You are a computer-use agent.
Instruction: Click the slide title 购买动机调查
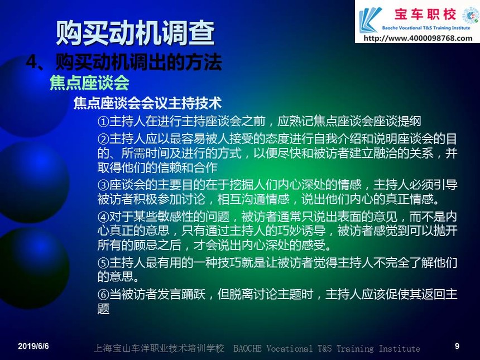click(135, 33)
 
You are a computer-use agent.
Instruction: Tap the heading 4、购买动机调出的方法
click(124, 62)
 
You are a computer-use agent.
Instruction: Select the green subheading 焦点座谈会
click(89, 83)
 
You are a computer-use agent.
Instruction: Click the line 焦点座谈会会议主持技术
click(147, 103)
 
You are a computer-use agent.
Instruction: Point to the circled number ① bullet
click(103, 122)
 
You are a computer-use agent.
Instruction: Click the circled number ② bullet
click(103, 140)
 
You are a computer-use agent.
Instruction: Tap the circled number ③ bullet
click(103, 185)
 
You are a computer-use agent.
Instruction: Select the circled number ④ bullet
click(103, 217)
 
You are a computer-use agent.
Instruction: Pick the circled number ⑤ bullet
click(103, 263)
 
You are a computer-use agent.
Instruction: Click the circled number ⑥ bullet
click(103, 295)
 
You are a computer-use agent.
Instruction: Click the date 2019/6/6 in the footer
click(33, 346)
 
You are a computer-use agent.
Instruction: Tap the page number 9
click(457, 346)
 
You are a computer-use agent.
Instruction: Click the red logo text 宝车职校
click(425, 15)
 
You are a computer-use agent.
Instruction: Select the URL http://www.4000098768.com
click(418, 39)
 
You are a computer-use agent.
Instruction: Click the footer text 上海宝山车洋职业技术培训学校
click(159, 348)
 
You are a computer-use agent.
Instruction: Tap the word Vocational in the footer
click(290, 348)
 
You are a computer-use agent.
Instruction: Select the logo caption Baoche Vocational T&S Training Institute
click(426, 28)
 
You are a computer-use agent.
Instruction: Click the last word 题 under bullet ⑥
click(103, 309)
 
